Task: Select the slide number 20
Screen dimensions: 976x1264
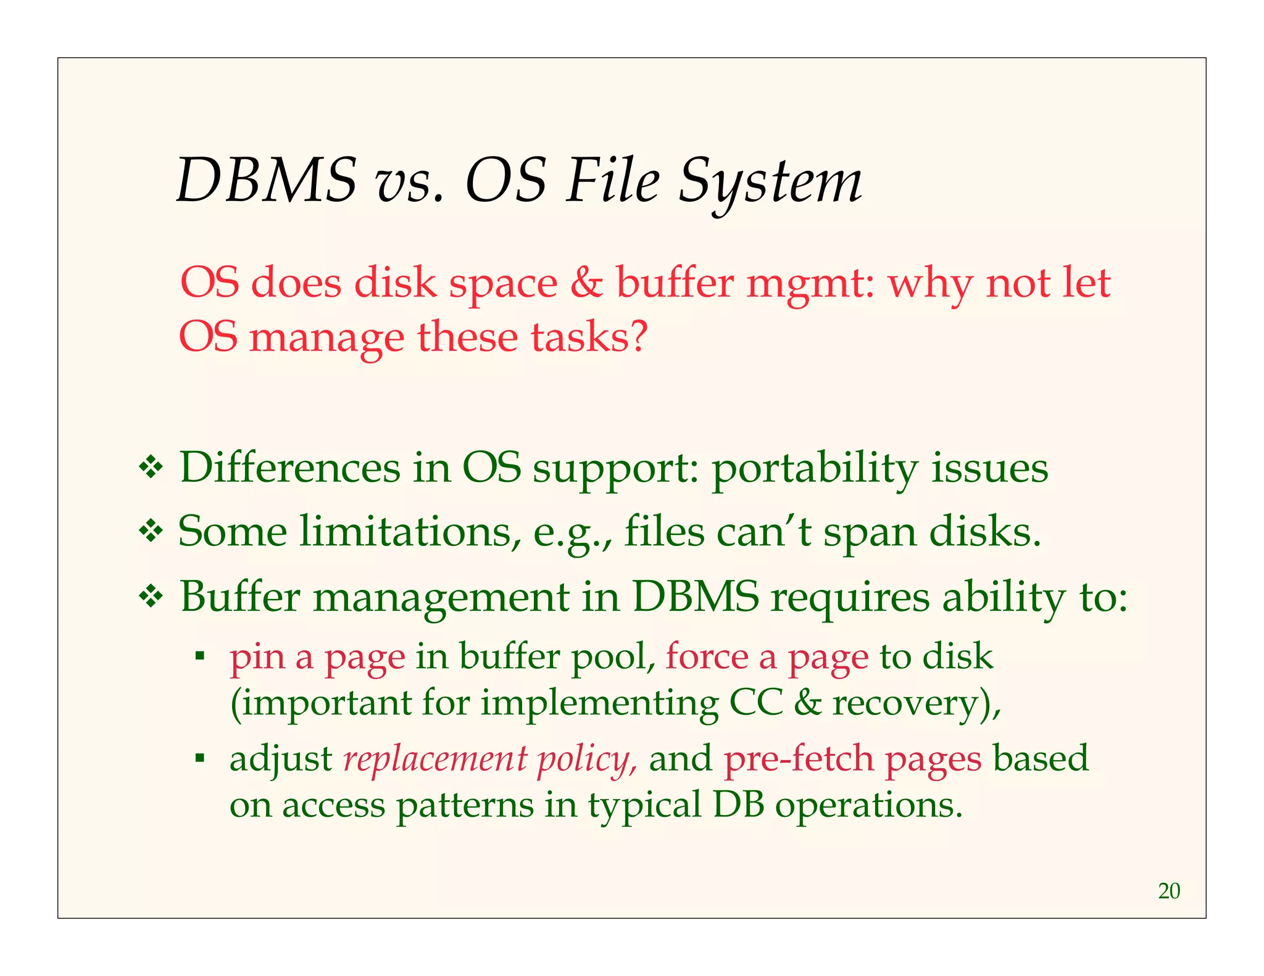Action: point(1169,891)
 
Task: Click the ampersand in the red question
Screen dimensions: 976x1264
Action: point(586,283)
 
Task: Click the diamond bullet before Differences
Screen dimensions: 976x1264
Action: point(150,469)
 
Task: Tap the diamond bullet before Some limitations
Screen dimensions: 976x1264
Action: point(150,532)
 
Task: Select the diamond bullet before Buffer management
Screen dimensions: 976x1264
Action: point(150,597)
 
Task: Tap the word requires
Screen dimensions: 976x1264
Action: point(849,597)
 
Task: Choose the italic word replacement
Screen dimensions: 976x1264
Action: point(435,759)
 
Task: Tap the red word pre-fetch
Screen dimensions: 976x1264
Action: point(799,759)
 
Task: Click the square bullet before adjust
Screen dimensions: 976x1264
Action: point(199,757)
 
